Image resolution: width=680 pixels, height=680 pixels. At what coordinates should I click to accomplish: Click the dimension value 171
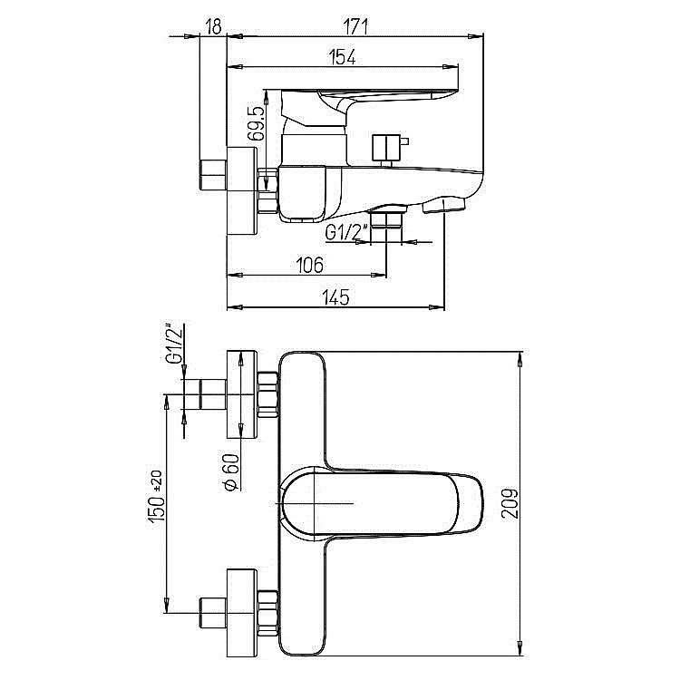click(x=355, y=27)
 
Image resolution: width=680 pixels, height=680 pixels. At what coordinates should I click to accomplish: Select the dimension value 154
click(x=343, y=57)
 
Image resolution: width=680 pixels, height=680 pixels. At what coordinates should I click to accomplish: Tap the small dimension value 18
click(x=214, y=27)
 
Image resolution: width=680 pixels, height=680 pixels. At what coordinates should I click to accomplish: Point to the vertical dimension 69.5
click(x=256, y=123)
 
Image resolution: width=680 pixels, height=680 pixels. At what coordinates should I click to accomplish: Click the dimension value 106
click(x=309, y=265)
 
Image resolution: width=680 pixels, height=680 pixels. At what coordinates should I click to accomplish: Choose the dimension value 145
click(x=335, y=297)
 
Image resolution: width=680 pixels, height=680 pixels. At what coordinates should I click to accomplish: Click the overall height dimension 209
click(x=510, y=503)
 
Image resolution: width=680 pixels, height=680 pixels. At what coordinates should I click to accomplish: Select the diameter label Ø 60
click(x=231, y=472)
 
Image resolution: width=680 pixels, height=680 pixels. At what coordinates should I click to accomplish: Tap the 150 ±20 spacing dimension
click(x=157, y=496)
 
